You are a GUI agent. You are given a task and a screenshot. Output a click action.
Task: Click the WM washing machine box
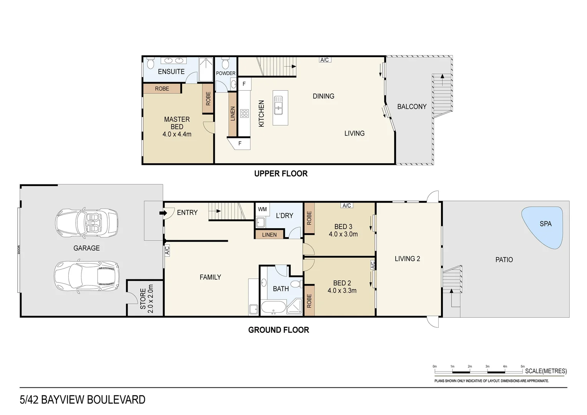coord(262,209)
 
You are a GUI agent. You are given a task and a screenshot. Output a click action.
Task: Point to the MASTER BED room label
coord(177,123)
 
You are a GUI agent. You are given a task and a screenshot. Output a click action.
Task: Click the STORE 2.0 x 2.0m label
coord(146,299)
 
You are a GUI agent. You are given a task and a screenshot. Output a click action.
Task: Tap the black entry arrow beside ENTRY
coord(163,212)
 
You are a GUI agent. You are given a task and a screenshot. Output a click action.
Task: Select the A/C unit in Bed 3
coord(347,206)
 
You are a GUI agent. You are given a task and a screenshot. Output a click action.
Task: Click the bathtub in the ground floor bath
coord(273,308)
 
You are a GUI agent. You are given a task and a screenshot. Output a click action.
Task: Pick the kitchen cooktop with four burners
coord(244,113)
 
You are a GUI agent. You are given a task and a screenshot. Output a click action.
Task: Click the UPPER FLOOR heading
coord(281,174)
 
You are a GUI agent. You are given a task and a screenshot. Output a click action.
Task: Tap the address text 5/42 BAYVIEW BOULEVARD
coord(83,400)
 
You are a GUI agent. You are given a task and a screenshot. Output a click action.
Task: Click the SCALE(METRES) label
coord(546,371)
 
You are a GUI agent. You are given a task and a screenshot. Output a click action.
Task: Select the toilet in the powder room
coord(226,62)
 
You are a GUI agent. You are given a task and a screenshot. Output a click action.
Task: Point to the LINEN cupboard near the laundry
coord(269,234)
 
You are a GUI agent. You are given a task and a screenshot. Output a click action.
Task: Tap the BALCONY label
coord(412,106)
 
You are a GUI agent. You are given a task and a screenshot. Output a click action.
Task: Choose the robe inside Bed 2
coord(309,300)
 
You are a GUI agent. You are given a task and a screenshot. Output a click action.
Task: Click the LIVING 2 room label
coord(407,259)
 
